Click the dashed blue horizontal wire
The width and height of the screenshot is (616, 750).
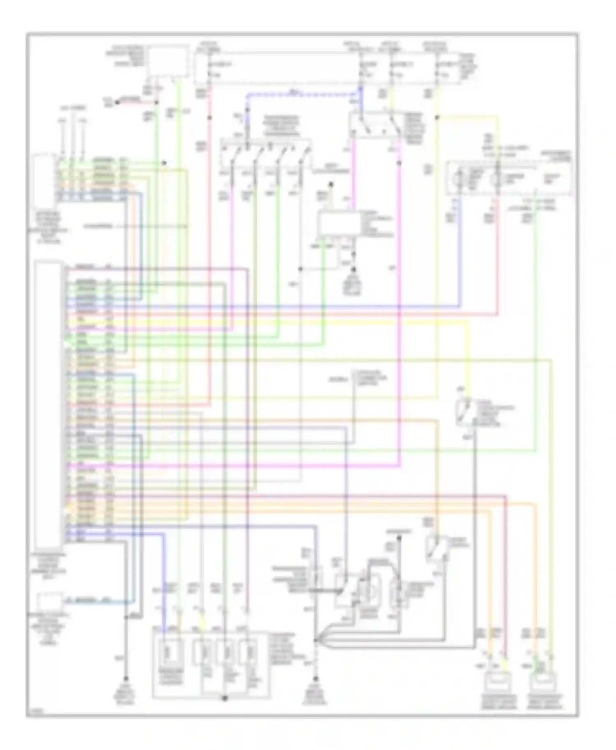pyautogui.click(x=304, y=94)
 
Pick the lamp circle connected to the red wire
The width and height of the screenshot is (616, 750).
pyautogui.click(x=497, y=178)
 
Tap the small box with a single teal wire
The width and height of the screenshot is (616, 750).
pyautogui.click(x=49, y=602)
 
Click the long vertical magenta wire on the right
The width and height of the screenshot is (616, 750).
pyautogui.click(x=399, y=328)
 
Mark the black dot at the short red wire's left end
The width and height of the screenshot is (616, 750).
pyautogui.click(x=117, y=101)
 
